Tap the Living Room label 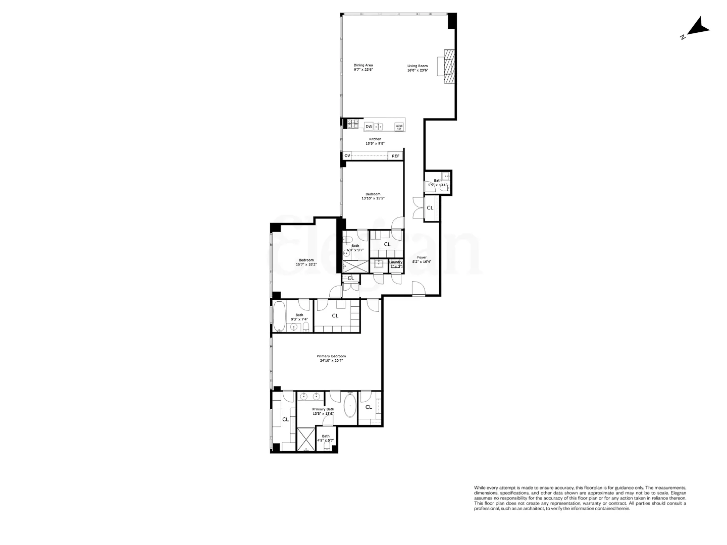[418, 68]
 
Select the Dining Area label [363, 68]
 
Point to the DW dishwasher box [369, 127]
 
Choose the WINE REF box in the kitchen [399, 127]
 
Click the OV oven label [347, 156]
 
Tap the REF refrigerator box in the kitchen [395, 156]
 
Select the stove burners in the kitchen [353, 124]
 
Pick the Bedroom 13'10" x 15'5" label [373, 196]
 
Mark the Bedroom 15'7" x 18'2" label [306, 262]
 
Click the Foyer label [422, 259]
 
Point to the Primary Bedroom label [332, 358]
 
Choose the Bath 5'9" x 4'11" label [437, 183]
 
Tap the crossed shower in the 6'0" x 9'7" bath [356, 266]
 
